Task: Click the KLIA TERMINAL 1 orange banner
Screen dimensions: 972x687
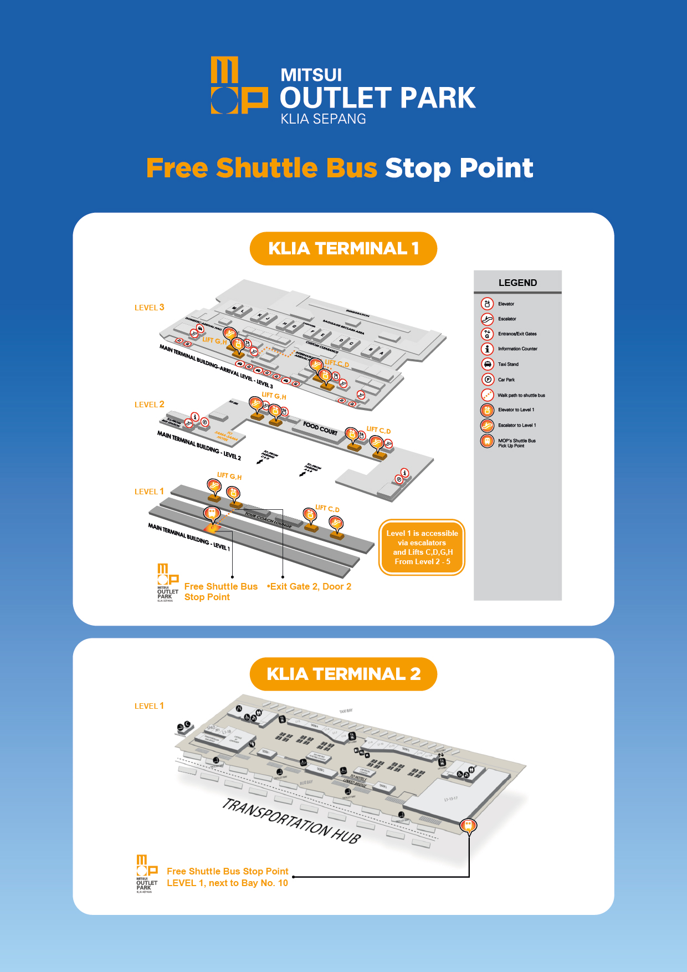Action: pos(343,248)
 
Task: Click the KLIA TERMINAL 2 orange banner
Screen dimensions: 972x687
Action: pos(343,674)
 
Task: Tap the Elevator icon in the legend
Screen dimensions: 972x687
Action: pos(487,304)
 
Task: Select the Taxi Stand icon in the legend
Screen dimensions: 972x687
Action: pos(487,364)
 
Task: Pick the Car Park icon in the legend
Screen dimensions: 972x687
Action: pos(487,380)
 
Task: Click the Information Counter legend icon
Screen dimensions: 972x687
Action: pos(487,349)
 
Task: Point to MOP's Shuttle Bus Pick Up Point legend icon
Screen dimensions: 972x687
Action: pos(487,441)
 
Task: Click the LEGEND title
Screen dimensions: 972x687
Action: pos(517,283)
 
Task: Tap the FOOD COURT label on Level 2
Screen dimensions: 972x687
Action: pos(320,428)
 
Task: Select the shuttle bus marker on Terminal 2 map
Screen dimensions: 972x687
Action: pos(468,825)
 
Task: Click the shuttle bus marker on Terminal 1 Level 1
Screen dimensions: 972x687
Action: pos(211,514)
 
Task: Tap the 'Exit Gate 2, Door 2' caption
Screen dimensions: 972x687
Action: pos(310,586)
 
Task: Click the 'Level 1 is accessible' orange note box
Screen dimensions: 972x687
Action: pos(422,547)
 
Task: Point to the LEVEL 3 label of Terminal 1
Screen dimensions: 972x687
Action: pos(149,308)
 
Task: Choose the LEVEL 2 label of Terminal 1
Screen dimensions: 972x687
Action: pos(149,405)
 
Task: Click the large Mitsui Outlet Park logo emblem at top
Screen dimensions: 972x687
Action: pos(239,85)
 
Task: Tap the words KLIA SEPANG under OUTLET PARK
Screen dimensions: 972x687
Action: pos(323,119)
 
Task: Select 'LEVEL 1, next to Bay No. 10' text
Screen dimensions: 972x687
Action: pos(227,883)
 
